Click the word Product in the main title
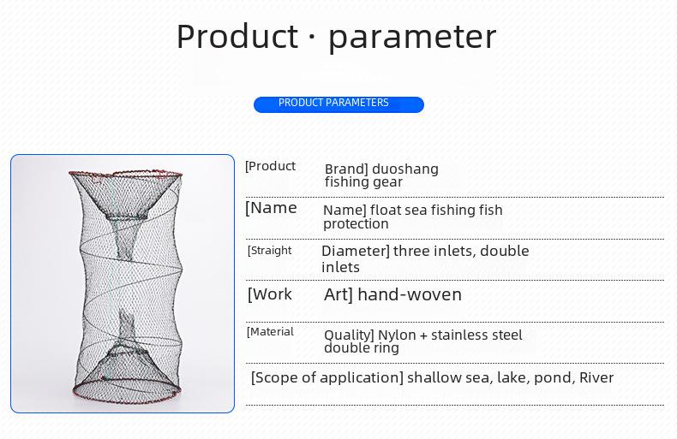[x=237, y=36]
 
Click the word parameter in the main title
[x=412, y=39]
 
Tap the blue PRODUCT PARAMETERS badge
[x=338, y=104]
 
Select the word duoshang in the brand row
[x=405, y=169]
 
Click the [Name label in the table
[x=271, y=208]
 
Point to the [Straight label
[x=269, y=251]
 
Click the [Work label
[x=269, y=294]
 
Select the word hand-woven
[x=410, y=294]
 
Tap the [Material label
[x=270, y=332]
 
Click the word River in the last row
[x=596, y=377]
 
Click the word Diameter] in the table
[x=356, y=251]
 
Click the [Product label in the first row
[x=270, y=166]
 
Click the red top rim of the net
[x=126, y=174]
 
